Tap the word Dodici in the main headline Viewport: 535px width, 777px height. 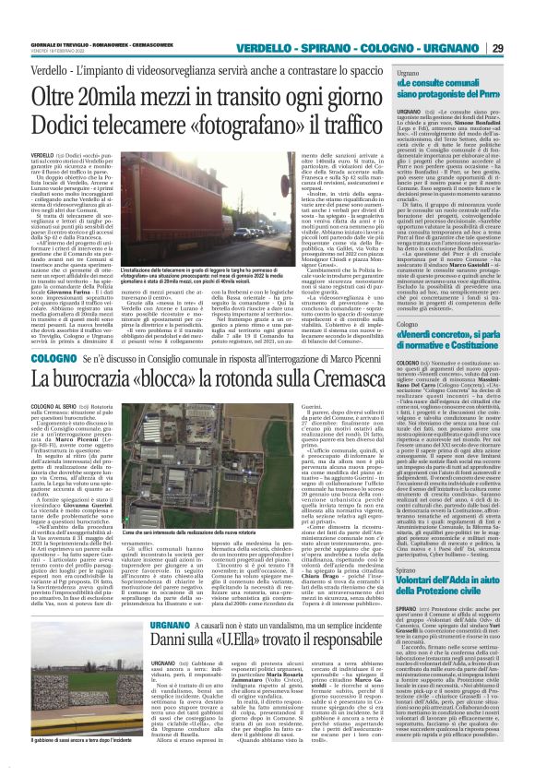[67, 123]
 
